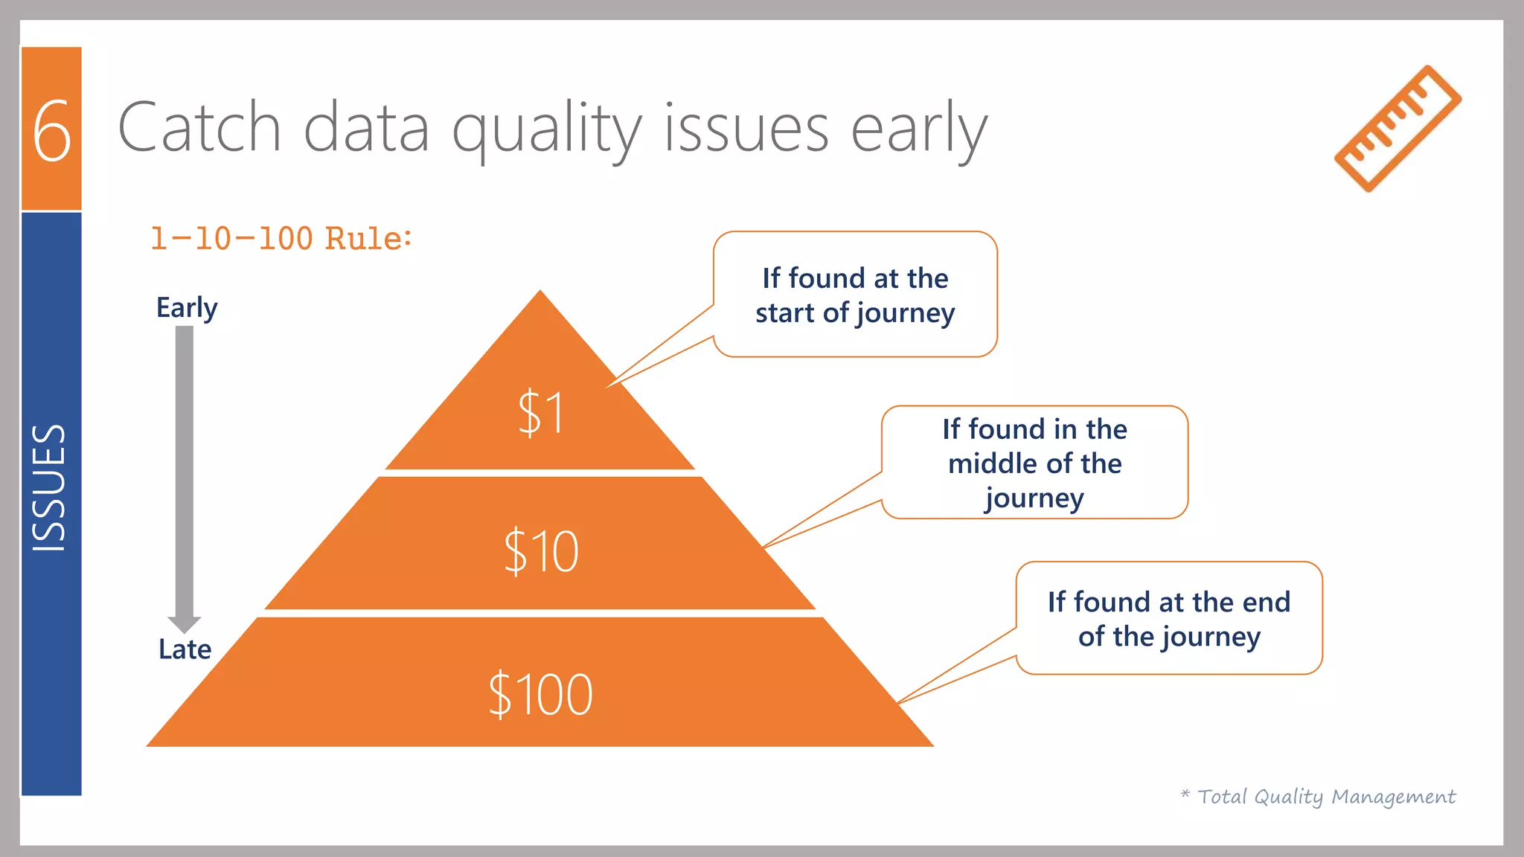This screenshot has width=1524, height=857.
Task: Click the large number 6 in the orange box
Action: [x=52, y=131]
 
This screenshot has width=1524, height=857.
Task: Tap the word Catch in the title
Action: [x=199, y=128]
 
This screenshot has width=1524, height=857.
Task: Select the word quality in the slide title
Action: [x=547, y=131]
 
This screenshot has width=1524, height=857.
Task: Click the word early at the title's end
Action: [x=919, y=131]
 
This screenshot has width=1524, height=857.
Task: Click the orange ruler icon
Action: [x=1397, y=129]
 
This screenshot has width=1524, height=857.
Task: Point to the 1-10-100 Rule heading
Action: [x=281, y=239]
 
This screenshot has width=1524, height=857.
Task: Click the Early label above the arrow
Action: [x=187, y=307]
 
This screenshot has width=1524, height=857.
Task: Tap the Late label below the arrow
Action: [x=185, y=649]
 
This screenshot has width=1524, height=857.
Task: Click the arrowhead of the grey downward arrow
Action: [x=185, y=623]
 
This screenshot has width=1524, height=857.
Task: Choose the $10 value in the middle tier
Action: [x=541, y=551]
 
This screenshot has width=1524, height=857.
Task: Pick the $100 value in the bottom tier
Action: [x=541, y=694]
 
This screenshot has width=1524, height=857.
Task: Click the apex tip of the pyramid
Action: [x=540, y=293]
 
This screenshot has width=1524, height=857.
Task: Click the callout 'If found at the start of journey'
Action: [x=855, y=295]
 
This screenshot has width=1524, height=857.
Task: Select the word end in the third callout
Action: [x=1264, y=602]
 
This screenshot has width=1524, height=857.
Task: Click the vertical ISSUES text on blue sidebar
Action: [x=50, y=487]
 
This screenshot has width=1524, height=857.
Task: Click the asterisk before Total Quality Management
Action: [x=1185, y=795]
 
